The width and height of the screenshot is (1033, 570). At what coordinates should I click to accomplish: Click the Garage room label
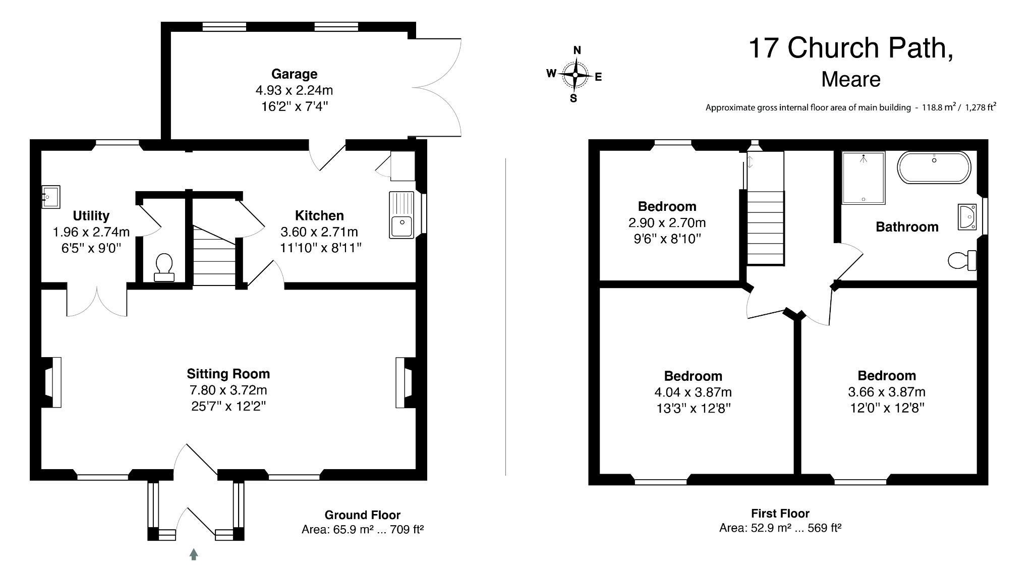pyautogui.click(x=294, y=74)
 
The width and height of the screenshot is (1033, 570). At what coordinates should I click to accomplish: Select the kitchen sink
pyautogui.click(x=401, y=214)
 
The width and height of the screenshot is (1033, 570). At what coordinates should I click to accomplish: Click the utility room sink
pyautogui.click(x=51, y=197)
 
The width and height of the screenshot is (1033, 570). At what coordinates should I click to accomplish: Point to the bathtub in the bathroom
pyautogui.click(x=934, y=167)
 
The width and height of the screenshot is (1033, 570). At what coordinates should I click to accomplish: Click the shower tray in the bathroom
pyautogui.click(x=864, y=178)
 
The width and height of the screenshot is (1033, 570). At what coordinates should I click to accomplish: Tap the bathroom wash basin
pyautogui.click(x=968, y=217)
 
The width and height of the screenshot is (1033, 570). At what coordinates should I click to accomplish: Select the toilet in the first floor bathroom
pyautogui.click(x=962, y=260)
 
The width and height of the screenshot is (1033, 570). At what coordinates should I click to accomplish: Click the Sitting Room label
pyautogui.click(x=228, y=374)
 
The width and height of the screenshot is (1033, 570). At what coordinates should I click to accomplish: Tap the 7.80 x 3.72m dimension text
pyautogui.click(x=228, y=390)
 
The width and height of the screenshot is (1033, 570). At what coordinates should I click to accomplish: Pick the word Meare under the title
pyautogui.click(x=851, y=79)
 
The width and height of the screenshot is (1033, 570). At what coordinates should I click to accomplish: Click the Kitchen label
pyautogui.click(x=319, y=215)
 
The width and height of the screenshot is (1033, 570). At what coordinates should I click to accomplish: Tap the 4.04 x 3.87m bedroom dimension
pyautogui.click(x=693, y=392)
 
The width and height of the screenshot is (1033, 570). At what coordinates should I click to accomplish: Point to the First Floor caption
pyautogui.click(x=780, y=514)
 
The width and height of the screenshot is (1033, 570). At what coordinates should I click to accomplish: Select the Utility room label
pyautogui.click(x=91, y=216)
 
